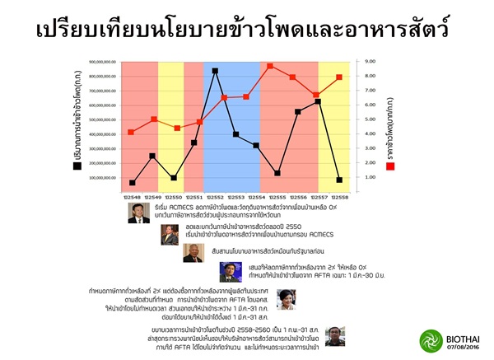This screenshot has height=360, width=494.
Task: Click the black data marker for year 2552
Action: point(215,72)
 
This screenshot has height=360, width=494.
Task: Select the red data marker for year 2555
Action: point(270,66)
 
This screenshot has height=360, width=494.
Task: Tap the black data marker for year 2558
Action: point(339,180)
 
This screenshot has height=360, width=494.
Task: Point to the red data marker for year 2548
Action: point(132,132)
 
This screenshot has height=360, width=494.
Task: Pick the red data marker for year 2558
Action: point(339,77)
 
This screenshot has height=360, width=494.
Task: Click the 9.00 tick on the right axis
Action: point(370,61)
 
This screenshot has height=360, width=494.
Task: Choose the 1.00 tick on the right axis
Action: point(370,177)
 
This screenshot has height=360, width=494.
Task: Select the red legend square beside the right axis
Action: point(390,165)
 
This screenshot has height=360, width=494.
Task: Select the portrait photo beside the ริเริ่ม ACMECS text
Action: point(139,213)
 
